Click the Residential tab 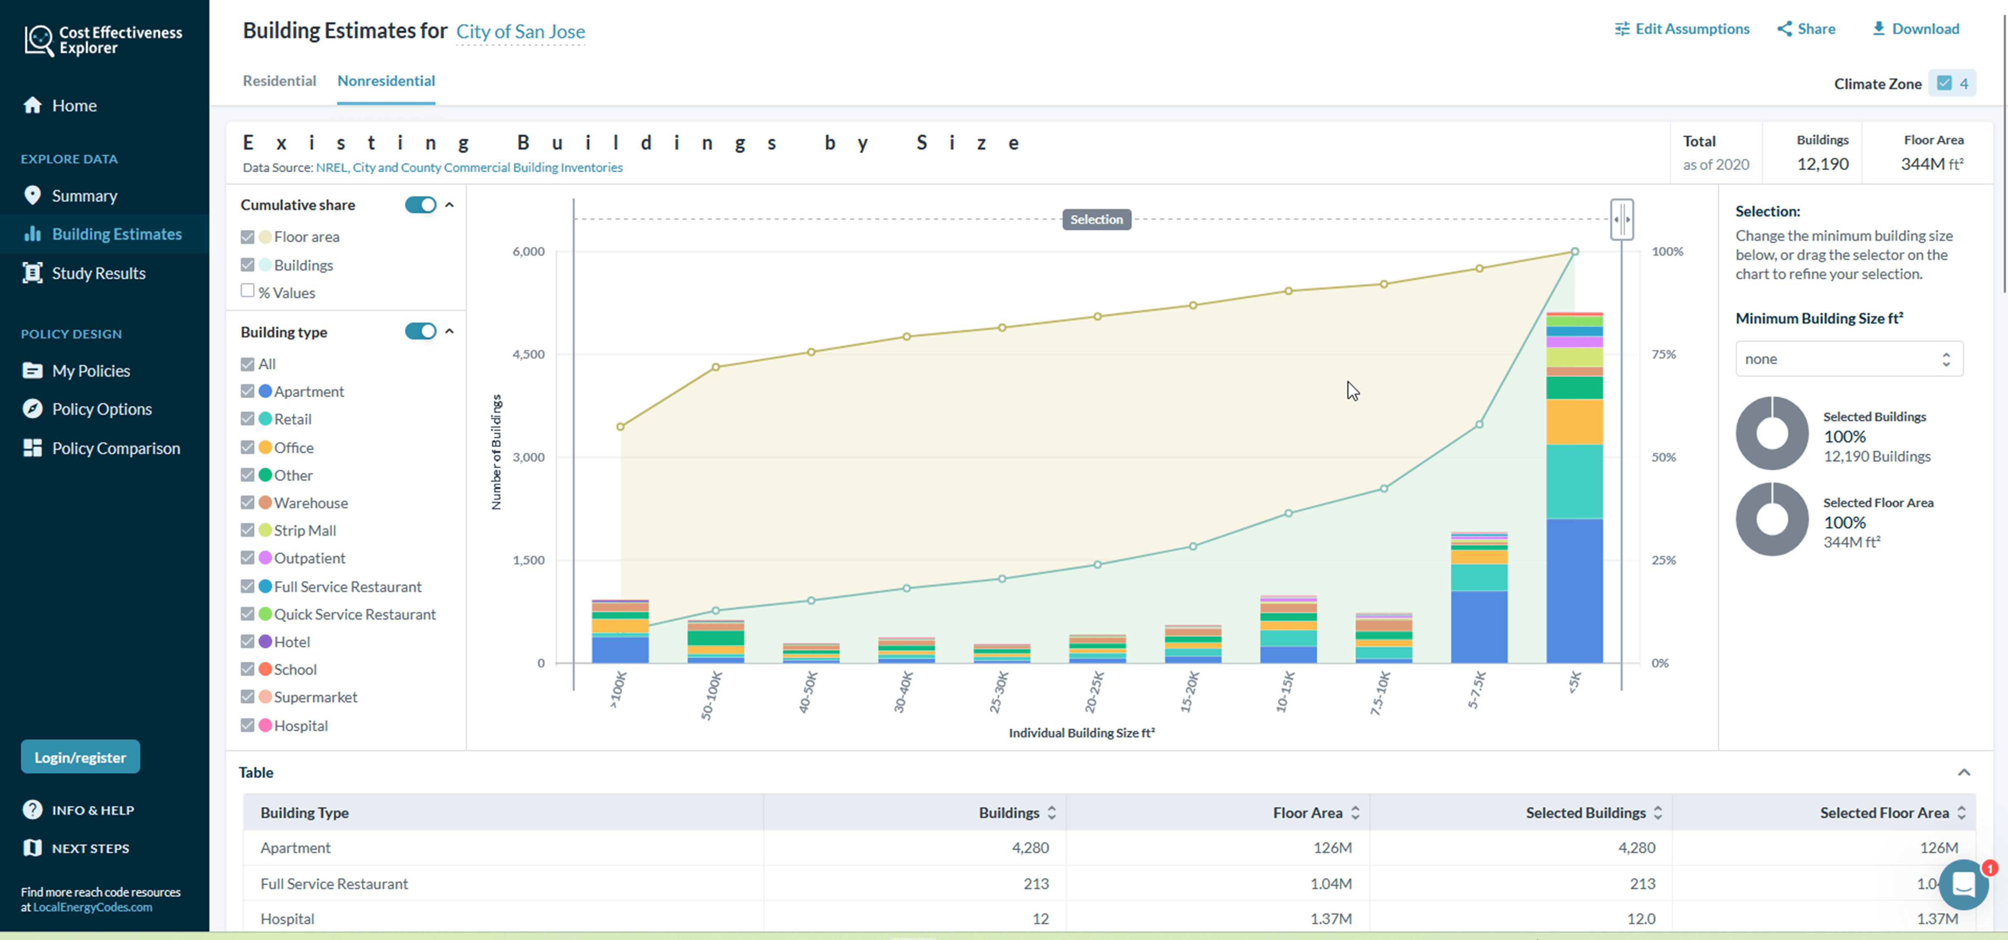279,81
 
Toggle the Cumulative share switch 420,205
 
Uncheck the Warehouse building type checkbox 248,503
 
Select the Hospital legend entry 300,725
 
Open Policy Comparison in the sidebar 116,448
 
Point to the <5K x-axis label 1574,682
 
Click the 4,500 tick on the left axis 529,354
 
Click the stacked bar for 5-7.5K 1479,600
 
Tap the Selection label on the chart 1096,220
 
